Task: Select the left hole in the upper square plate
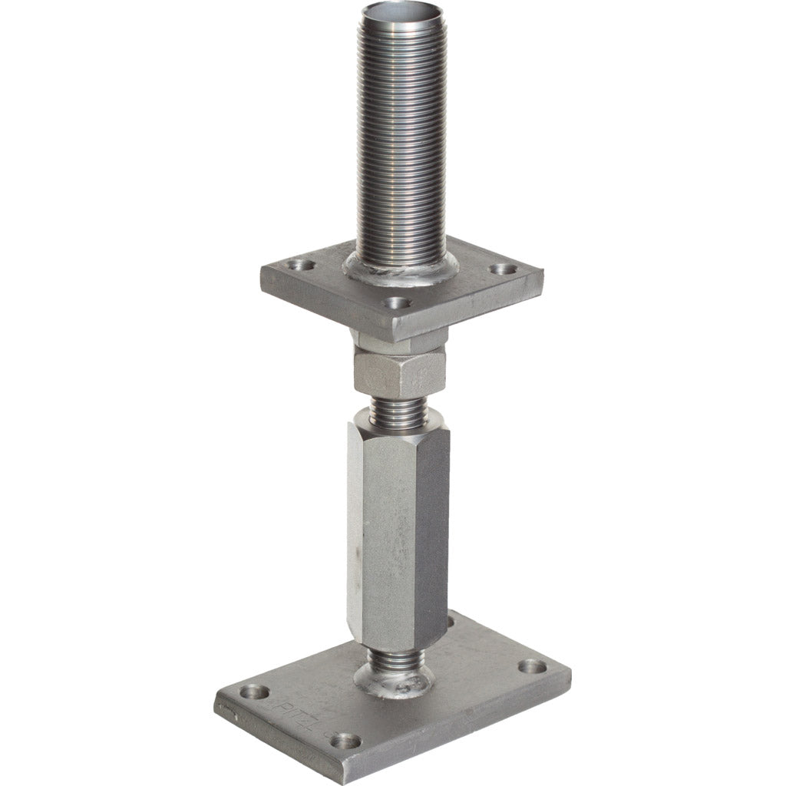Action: (x=300, y=266)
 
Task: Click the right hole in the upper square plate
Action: (x=504, y=269)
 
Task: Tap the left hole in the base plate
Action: (x=254, y=692)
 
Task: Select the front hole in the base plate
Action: (x=345, y=741)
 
